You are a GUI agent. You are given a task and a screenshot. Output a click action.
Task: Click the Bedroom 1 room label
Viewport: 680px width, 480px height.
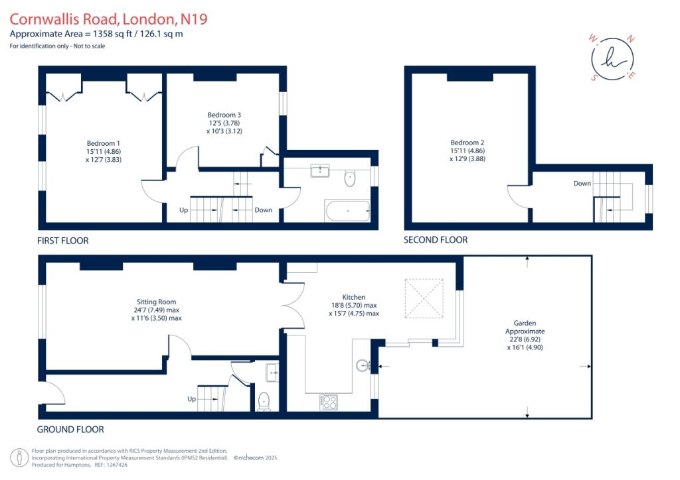click(x=103, y=143)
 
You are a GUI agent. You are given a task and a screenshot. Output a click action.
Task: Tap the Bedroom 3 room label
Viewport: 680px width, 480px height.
click(x=224, y=115)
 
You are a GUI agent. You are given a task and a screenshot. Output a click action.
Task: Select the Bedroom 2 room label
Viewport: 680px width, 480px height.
click(x=467, y=143)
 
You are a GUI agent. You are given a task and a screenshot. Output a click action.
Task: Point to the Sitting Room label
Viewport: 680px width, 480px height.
click(x=156, y=302)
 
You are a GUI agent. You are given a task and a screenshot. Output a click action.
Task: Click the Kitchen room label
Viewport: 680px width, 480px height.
click(x=354, y=297)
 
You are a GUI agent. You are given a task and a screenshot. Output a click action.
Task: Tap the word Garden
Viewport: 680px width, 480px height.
click(x=525, y=323)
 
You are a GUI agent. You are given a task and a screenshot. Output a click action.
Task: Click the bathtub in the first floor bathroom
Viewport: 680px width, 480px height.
click(x=347, y=211)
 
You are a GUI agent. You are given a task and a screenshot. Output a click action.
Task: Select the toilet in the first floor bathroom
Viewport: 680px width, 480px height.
click(x=350, y=178)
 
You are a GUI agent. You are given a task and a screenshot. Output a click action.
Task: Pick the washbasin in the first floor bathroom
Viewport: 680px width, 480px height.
click(x=320, y=170)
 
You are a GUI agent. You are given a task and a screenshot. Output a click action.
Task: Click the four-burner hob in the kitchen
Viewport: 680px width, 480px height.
click(x=328, y=402)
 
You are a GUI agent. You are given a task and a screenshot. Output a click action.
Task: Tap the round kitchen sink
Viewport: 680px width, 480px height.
click(x=363, y=366)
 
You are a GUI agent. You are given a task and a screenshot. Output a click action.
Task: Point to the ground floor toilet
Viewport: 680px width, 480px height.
click(x=264, y=401)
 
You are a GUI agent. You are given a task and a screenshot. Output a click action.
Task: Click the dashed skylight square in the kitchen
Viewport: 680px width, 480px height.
click(x=424, y=298)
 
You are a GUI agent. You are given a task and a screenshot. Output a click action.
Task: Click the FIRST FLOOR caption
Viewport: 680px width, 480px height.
click(x=63, y=241)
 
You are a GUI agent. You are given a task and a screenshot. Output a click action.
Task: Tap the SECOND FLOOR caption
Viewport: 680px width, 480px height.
click(x=436, y=240)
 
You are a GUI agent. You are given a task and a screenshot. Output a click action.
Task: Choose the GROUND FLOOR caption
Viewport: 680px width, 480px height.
click(x=70, y=430)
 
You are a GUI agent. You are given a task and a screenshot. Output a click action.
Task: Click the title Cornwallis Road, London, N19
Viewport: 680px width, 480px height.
click(x=108, y=19)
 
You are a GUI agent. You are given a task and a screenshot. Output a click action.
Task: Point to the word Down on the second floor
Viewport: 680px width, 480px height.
click(x=582, y=184)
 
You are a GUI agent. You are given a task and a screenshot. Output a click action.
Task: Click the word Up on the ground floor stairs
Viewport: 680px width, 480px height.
click(x=192, y=399)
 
